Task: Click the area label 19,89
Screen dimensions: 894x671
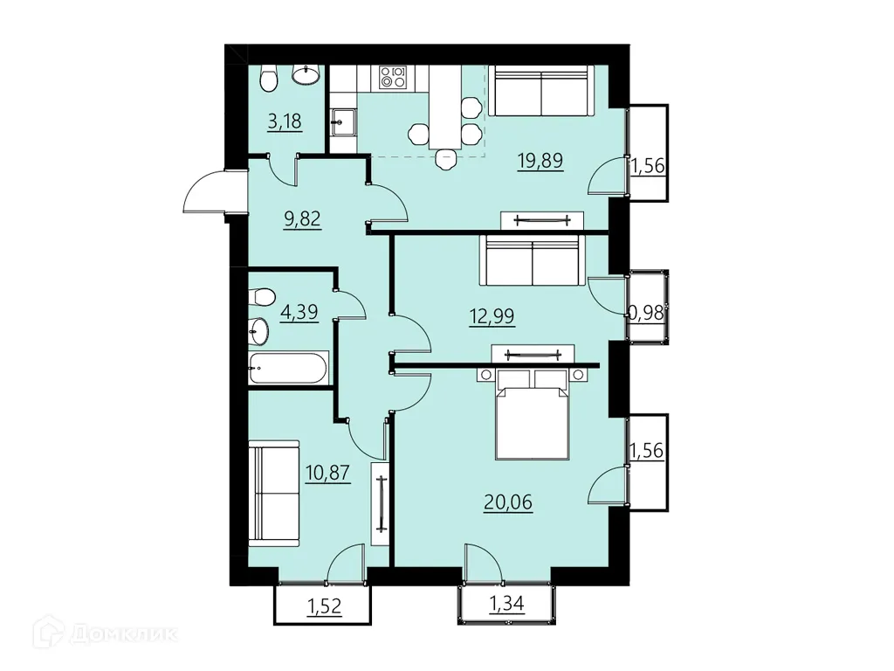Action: (540, 161)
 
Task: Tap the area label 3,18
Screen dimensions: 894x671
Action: (285, 121)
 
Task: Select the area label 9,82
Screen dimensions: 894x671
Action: (302, 218)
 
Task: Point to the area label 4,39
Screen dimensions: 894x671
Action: (299, 312)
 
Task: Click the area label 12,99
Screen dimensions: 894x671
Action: (492, 315)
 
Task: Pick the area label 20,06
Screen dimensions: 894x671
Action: (508, 502)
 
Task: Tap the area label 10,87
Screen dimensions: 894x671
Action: (327, 473)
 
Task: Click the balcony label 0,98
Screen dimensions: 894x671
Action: (646, 313)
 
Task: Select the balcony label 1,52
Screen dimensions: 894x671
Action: (325, 606)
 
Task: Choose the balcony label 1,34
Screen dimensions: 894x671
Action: (507, 603)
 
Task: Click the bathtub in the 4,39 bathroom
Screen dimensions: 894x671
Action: (288, 368)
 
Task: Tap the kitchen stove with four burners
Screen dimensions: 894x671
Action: (393, 78)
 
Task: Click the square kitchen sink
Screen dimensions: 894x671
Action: (344, 121)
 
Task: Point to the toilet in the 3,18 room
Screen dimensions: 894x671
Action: (268, 78)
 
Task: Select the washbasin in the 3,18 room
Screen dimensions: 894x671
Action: (306, 75)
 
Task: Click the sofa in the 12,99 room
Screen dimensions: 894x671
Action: (533, 260)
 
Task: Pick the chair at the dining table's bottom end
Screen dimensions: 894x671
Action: (445, 159)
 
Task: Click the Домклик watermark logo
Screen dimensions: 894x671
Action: (106, 633)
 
